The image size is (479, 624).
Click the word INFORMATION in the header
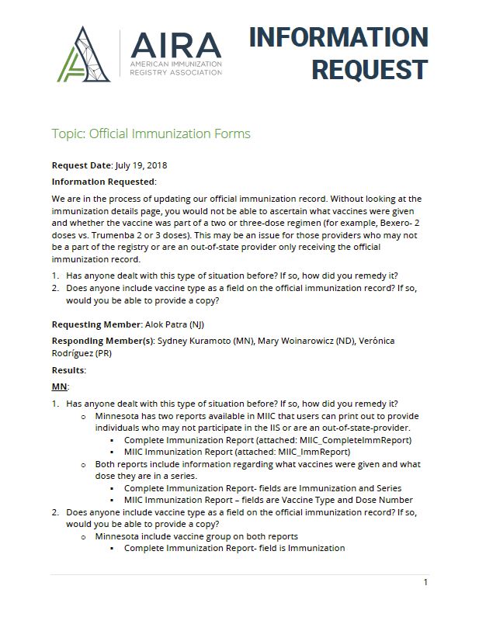tap(338, 36)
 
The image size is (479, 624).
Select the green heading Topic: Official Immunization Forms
tap(151, 133)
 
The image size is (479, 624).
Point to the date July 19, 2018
tap(141, 165)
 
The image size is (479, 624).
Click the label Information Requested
tap(103, 182)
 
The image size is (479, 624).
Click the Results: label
tap(69, 370)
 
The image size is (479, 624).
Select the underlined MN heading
tap(61, 386)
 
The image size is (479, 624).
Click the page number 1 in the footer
tap(425, 583)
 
